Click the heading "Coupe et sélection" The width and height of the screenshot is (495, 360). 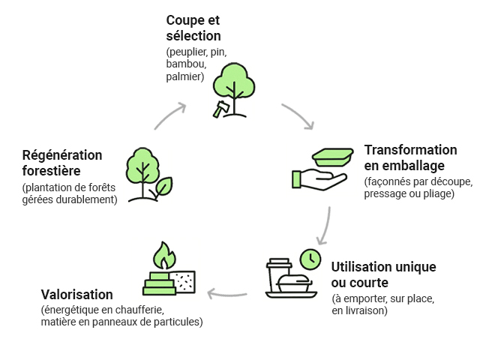pyautogui.click(x=193, y=28)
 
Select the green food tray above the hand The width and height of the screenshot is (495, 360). pyautogui.click(x=333, y=157)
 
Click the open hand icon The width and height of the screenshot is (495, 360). pyautogui.click(x=318, y=179)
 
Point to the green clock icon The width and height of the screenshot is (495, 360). pyautogui.click(x=310, y=259)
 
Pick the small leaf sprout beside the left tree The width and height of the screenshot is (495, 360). pyautogui.click(x=163, y=186)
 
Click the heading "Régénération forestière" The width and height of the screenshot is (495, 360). pyautogui.click(x=62, y=162)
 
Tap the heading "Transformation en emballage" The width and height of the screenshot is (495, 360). pyautogui.click(x=410, y=157)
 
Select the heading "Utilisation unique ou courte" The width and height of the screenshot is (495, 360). pyautogui.click(x=383, y=274)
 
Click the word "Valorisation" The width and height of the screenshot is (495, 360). pyautogui.click(x=76, y=295)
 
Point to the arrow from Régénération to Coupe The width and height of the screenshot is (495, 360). pyautogui.click(x=170, y=115)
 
